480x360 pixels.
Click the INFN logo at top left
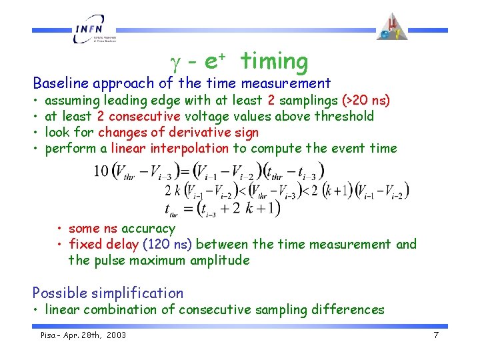[93, 32]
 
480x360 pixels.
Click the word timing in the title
[275, 61]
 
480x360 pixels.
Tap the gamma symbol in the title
[175, 62]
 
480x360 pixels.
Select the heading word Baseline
[61, 83]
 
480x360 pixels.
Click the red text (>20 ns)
[366, 101]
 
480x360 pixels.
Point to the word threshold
[346, 117]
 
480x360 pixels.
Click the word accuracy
[149, 228]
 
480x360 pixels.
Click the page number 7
[435, 335]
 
